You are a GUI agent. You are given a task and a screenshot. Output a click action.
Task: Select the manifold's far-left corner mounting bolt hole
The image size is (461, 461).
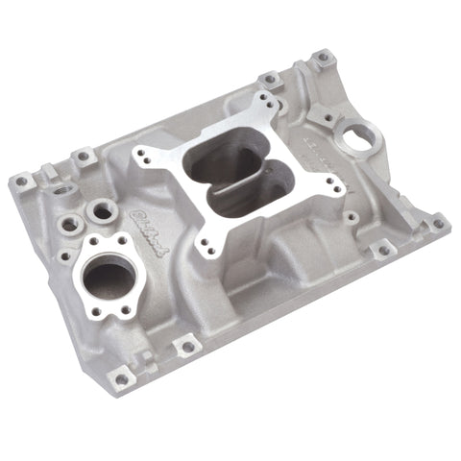(x=21, y=181)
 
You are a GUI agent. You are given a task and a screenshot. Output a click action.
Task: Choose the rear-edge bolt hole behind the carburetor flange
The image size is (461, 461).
(x=272, y=79)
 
